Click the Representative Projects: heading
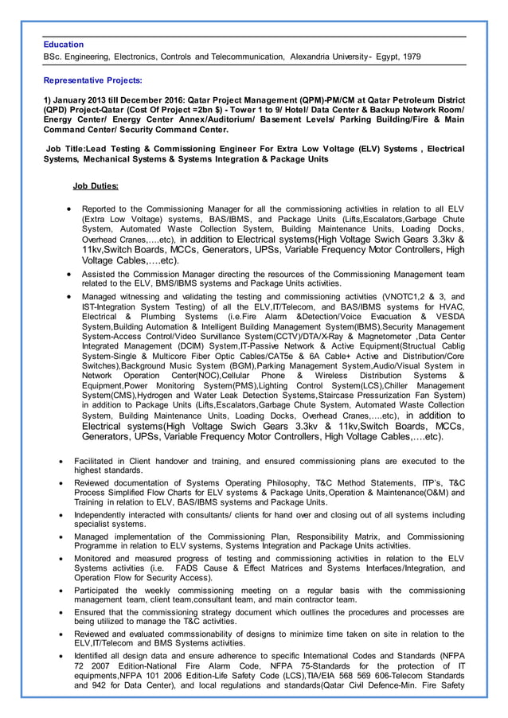click(x=93, y=80)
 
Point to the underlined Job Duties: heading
click(x=96, y=186)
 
